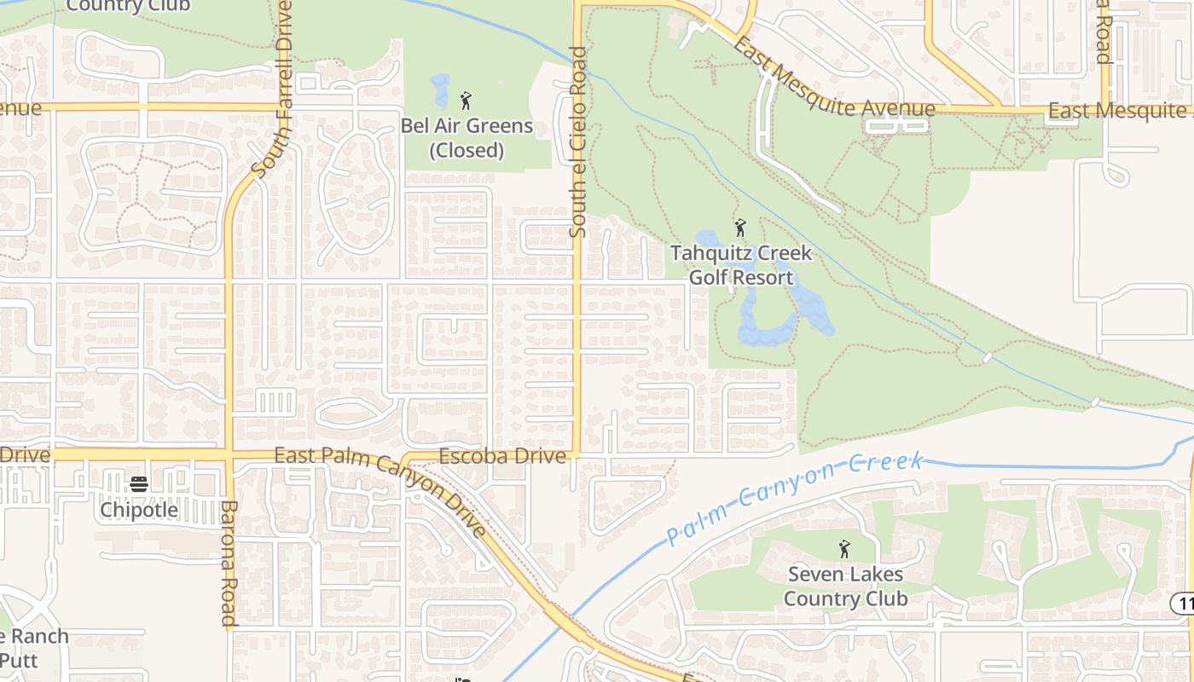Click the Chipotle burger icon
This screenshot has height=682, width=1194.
pos(139,484)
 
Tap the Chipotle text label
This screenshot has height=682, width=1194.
pos(139,510)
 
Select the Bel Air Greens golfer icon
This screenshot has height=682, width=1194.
pos(466,101)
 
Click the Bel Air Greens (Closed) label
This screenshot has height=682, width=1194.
pos(467,138)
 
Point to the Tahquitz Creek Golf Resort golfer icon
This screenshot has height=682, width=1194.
pos(740,228)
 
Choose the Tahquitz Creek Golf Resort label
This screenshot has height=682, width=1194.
pos(741,265)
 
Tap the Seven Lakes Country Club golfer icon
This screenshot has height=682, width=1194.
pos(844,549)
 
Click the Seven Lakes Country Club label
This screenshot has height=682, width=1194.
pos(845,587)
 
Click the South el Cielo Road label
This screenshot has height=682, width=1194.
pos(578,142)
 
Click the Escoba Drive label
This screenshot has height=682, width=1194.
pos(502,456)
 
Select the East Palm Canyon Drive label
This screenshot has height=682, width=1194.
pos(380,493)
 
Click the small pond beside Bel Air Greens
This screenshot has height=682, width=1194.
pos(440,89)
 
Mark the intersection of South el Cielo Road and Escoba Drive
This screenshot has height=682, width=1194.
pos(577,454)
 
